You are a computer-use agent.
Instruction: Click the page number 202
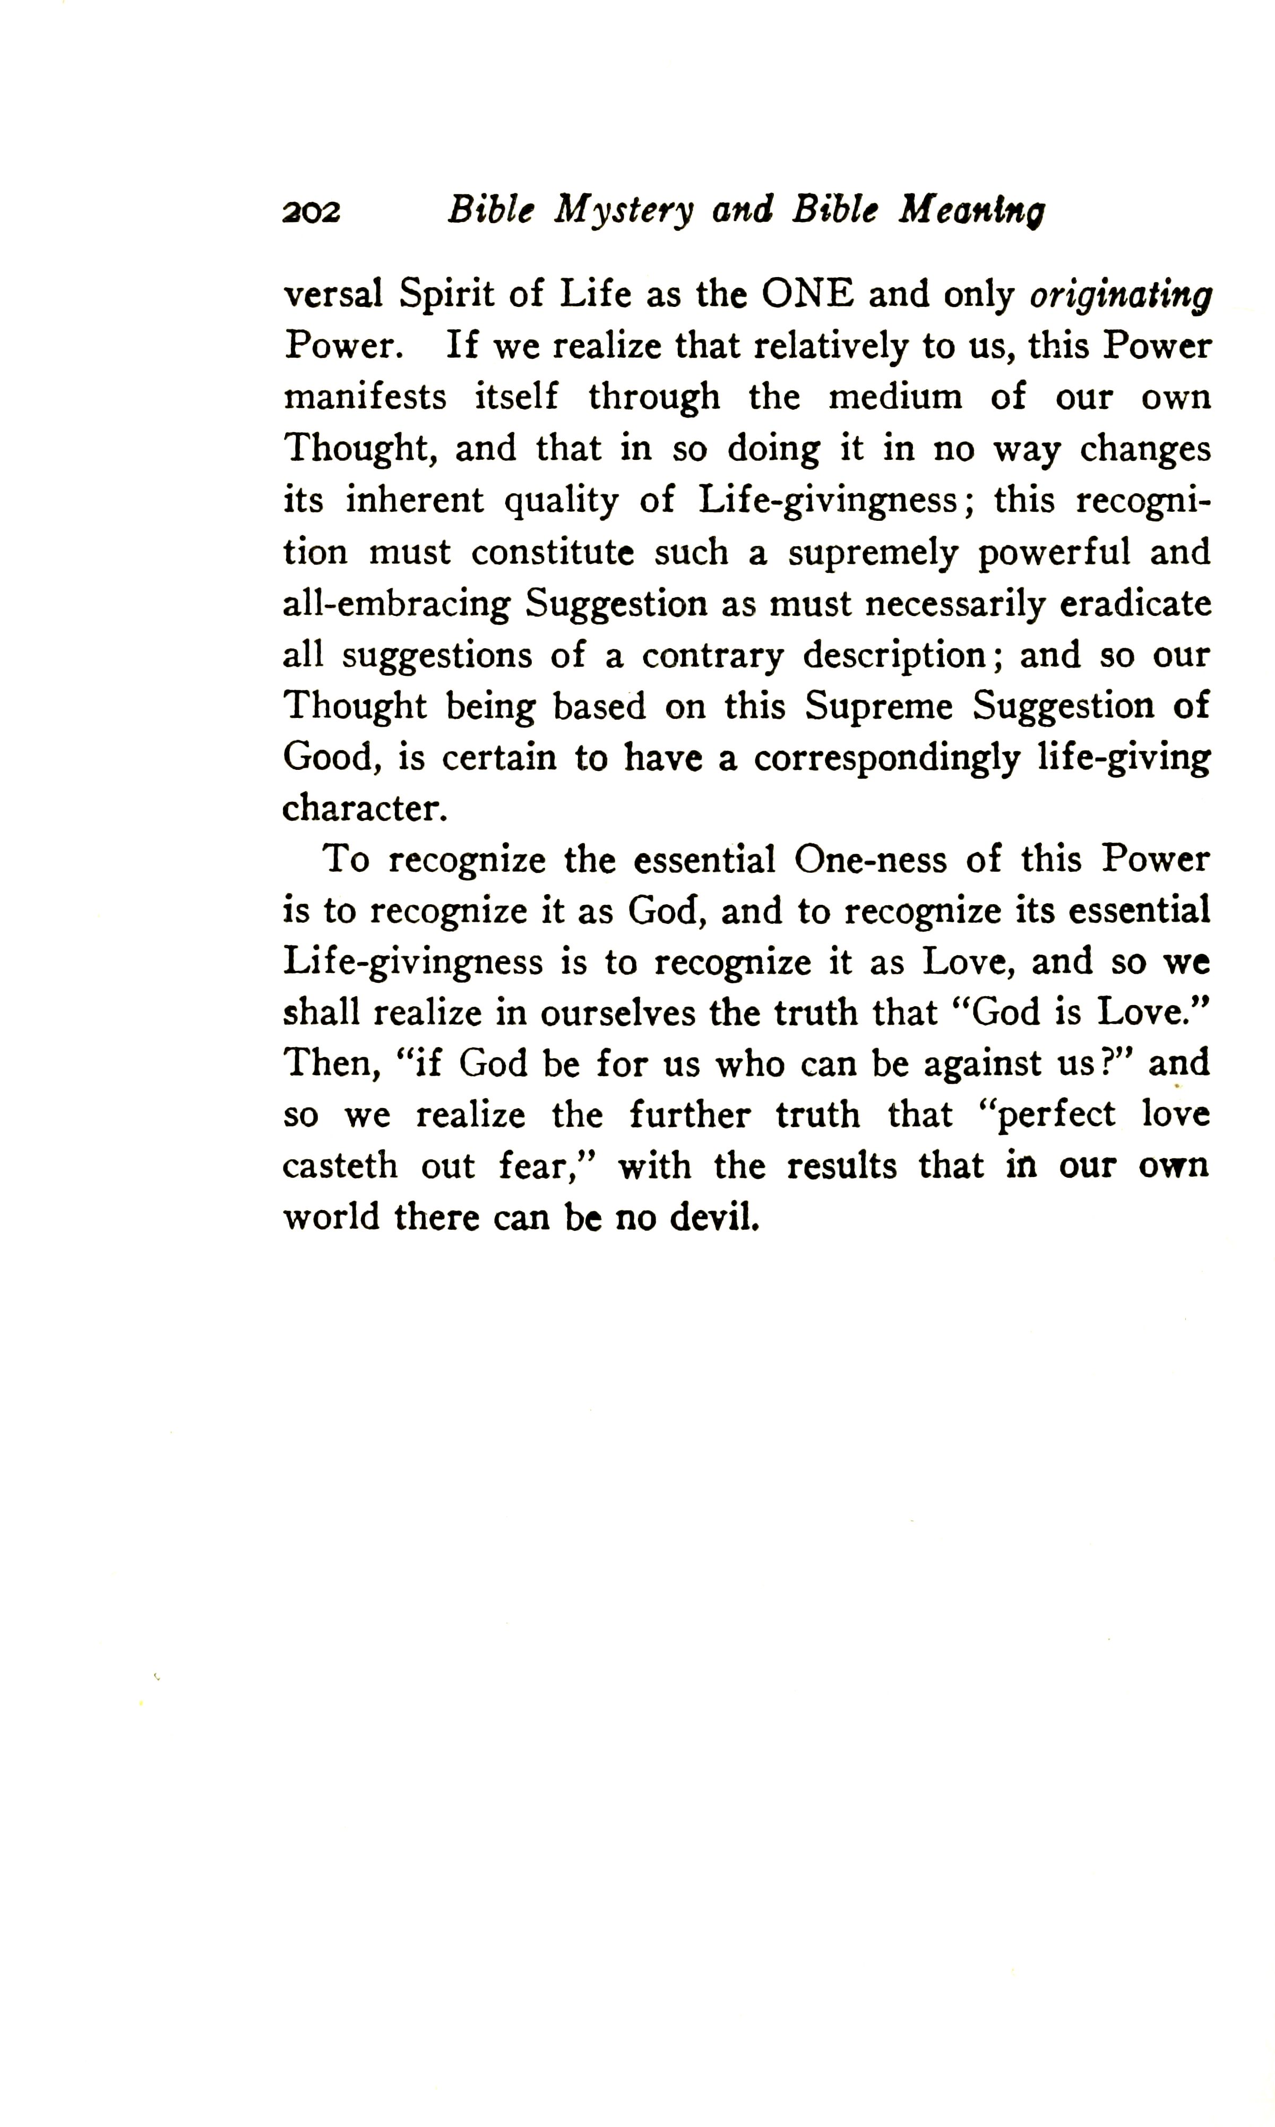[x=311, y=211]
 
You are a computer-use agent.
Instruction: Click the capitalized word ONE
[x=807, y=295]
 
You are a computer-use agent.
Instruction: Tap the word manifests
[x=365, y=398]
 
